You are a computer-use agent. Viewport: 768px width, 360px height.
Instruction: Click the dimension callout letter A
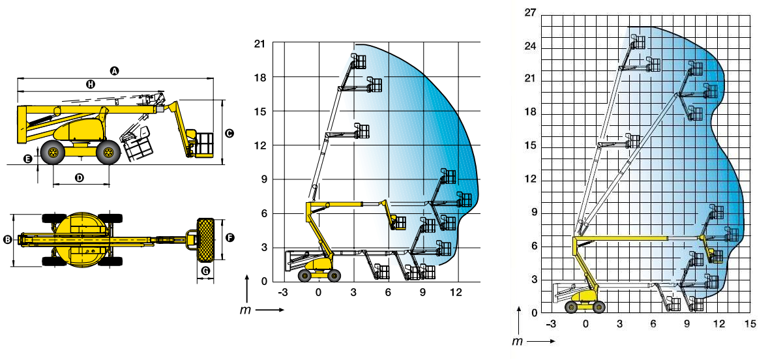[114, 71]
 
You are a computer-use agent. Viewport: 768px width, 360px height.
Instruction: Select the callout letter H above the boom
[91, 84]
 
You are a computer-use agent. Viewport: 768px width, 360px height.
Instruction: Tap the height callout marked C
[229, 133]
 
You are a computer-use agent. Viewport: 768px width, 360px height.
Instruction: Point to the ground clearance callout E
[28, 158]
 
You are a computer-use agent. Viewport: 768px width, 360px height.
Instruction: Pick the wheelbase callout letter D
[80, 178]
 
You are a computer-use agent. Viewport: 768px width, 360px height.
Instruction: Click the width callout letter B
[7, 239]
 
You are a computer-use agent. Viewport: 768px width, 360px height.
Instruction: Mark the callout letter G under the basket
[205, 271]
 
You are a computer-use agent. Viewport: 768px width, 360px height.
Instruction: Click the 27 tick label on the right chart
[531, 13]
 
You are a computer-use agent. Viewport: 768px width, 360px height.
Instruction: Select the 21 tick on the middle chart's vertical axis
[259, 44]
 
